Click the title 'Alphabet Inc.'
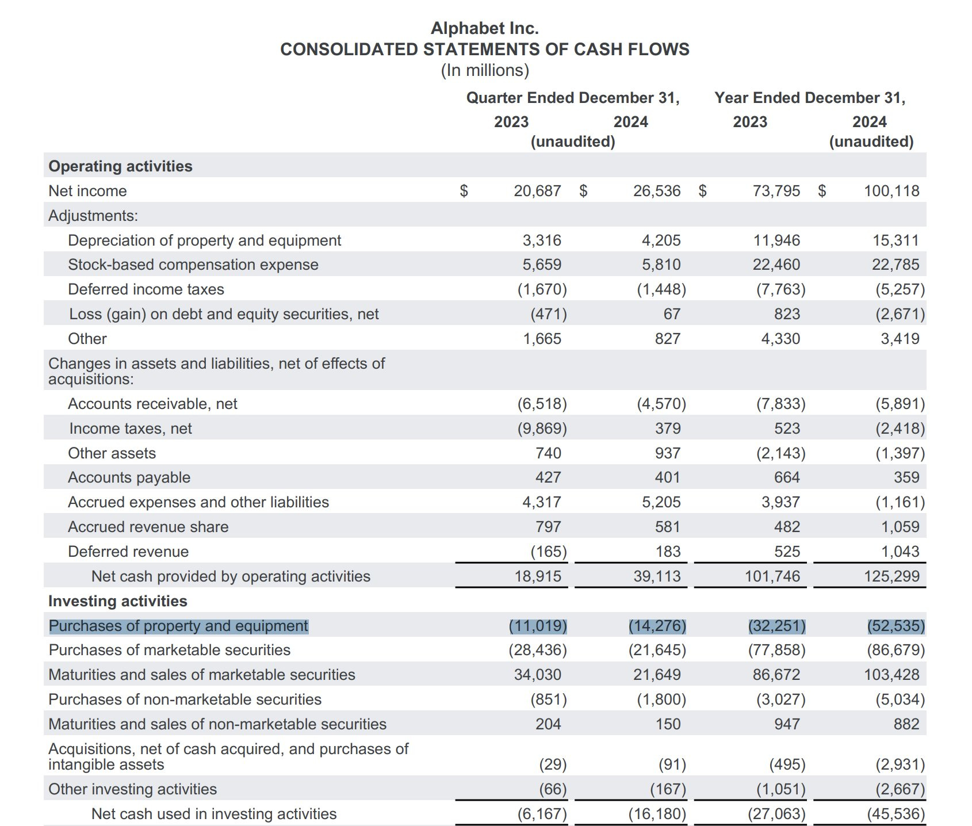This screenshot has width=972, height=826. (484, 28)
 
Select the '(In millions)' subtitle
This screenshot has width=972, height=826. (484, 70)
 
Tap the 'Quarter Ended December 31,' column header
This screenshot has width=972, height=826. (572, 98)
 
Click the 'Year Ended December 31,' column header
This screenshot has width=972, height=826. (809, 98)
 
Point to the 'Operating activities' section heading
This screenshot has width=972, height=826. (120, 166)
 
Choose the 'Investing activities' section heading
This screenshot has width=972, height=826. (117, 601)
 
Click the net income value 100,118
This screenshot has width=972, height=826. (891, 191)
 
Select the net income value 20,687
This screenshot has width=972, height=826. (537, 191)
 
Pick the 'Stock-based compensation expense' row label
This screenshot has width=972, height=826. (193, 265)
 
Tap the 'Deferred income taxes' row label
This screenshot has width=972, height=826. (146, 289)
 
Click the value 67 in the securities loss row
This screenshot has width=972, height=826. (671, 314)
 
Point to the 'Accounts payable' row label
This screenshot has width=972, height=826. (129, 477)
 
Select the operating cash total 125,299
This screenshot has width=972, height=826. (891, 576)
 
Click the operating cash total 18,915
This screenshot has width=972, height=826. (537, 576)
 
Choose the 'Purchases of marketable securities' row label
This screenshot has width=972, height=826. (169, 650)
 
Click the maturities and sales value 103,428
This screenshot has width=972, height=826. (891, 675)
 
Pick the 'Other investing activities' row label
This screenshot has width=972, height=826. (132, 789)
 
